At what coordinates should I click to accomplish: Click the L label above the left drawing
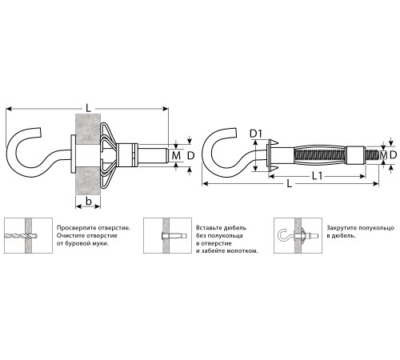tap(88, 108)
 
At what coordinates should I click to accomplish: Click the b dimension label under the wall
tap(89, 201)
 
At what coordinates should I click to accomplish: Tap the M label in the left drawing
tap(176, 155)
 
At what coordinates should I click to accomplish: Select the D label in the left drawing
tap(191, 155)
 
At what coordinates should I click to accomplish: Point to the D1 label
tap(256, 134)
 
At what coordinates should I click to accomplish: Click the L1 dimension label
tap(317, 176)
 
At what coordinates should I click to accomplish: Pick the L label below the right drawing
tap(290, 183)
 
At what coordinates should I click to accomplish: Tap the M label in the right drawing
tap(383, 155)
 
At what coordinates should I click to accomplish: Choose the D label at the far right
tap(394, 155)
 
